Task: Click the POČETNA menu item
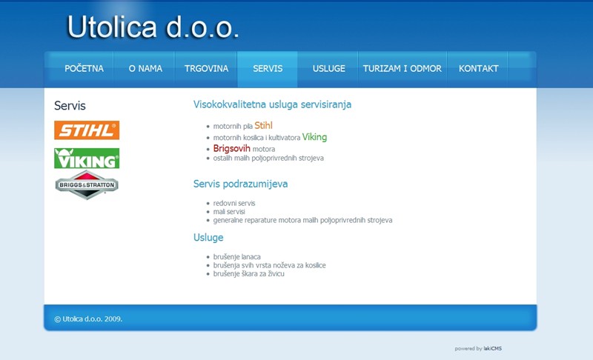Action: click(x=84, y=69)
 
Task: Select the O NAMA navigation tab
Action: click(x=145, y=69)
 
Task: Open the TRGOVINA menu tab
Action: click(x=207, y=69)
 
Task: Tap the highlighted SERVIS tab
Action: click(x=268, y=69)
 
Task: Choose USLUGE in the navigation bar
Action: click(x=328, y=69)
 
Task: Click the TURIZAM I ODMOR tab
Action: click(x=402, y=69)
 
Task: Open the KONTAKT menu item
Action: click(x=478, y=69)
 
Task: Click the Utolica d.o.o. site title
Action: click(x=153, y=27)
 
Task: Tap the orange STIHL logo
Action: click(x=87, y=130)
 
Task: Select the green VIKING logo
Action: click(x=87, y=158)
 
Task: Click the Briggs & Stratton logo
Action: click(x=87, y=184)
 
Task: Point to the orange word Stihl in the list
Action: click(x=263, y=125)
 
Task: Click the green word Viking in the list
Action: click(x=314, y=137)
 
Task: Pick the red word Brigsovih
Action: click(x=232, y=148)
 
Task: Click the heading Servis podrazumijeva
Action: click(x=240, y=184)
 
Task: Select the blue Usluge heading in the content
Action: click(x=208, y=238)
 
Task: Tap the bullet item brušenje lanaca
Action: click(x=236, y=257)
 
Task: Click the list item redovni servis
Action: click(x=234, y=203)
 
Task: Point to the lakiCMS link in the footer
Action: click(x=492, y=349)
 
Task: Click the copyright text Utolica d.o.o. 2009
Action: click(x=88, y=319)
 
